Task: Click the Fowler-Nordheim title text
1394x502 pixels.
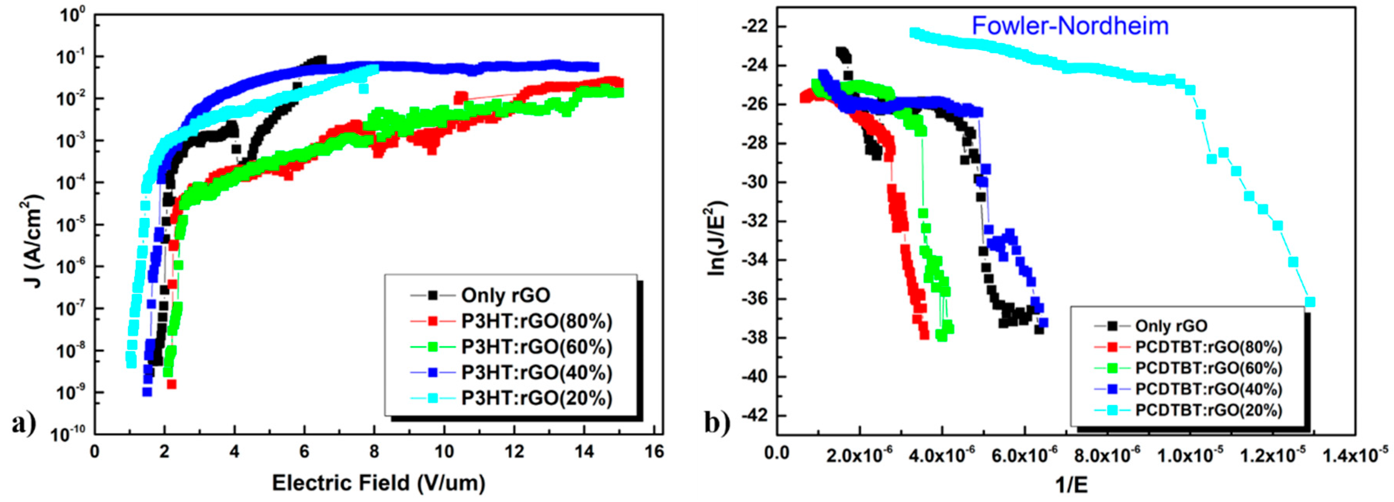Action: click(x=1070, y=26)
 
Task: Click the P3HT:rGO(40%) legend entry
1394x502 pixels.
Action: click(x=536, y=373)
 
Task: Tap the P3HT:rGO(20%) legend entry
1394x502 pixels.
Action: click(x=536, y=398)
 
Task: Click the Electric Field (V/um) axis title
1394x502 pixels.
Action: click(x=378, y=483)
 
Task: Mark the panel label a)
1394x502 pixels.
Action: click(x=24, y=423)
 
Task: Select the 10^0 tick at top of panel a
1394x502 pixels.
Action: click(x=74, y=15)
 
